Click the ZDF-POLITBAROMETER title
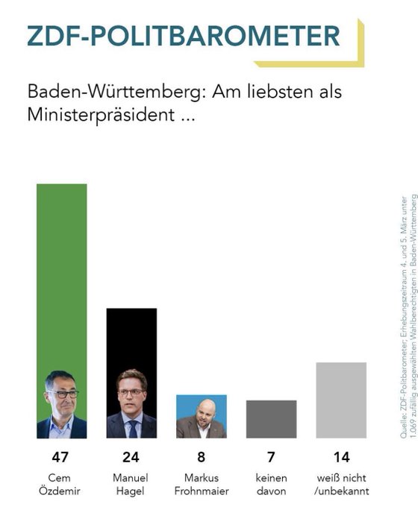[x=183, y=35]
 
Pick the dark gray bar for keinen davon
[x=271, y=419]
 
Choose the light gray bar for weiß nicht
[x=341, y=400]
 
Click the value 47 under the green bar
[x=62, y=457]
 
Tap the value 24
[x=131, y=457]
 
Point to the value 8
[x=202, y=457]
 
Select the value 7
[x=271, y=457]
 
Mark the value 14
[x=341, y=457]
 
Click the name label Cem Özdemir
[x=62, y=484]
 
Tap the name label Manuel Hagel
[x=131, y=484]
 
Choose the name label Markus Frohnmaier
[x=202, y=484]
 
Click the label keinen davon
[x=271, y=484]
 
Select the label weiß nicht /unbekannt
[x=341, y=484]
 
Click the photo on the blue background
[x=202, y=416]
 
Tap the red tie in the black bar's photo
[x=132, y=429]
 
